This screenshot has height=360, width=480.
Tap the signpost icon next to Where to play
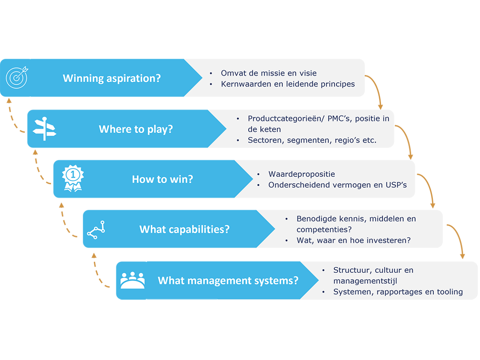click(x=45, y=129)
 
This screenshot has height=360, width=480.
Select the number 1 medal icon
click(x=72, y=178)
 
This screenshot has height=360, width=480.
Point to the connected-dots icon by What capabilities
click(x=96, y=229)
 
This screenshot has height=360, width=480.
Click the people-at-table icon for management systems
click(x=132, y=280)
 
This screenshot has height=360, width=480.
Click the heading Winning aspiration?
click(x=112, y=78)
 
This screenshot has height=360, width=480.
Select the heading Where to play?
click(x=136, y=129)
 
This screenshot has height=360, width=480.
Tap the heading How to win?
click(x=163, y=179)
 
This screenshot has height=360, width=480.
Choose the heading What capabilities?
click(x=184, y=229)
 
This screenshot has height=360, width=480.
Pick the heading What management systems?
click(x=228, y=280)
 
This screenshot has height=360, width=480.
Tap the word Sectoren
click(x=266, y=140)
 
